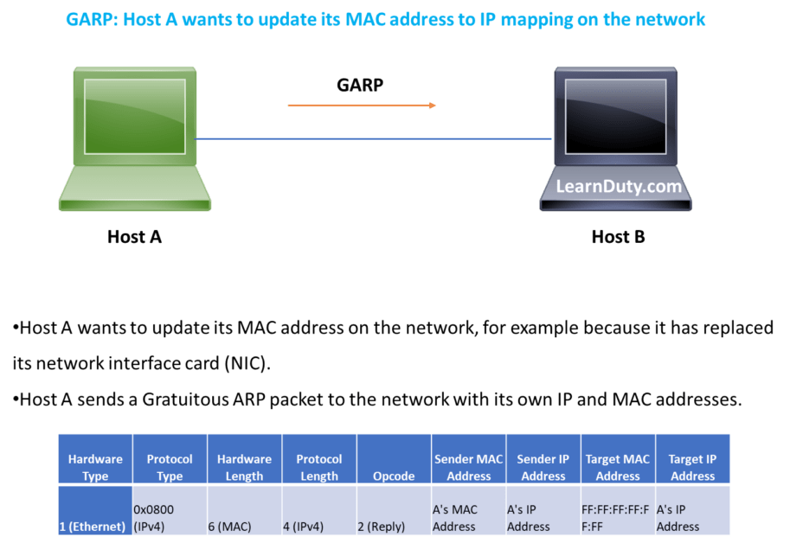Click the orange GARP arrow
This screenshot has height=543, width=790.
362,105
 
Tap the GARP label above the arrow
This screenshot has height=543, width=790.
359,85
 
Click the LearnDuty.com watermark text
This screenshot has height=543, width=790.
619,186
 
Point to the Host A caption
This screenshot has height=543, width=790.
134,237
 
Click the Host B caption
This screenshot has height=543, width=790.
618,237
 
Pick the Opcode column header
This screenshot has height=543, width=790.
393,476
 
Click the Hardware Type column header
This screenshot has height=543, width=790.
95,467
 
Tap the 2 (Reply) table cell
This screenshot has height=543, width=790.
393,526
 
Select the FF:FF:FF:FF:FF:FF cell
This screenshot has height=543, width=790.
618,517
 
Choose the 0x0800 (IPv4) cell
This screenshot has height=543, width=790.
169,517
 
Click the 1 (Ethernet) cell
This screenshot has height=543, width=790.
95,526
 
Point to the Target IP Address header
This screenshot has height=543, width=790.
692,467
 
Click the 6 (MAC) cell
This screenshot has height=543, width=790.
244,526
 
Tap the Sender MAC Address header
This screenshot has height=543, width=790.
468,467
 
